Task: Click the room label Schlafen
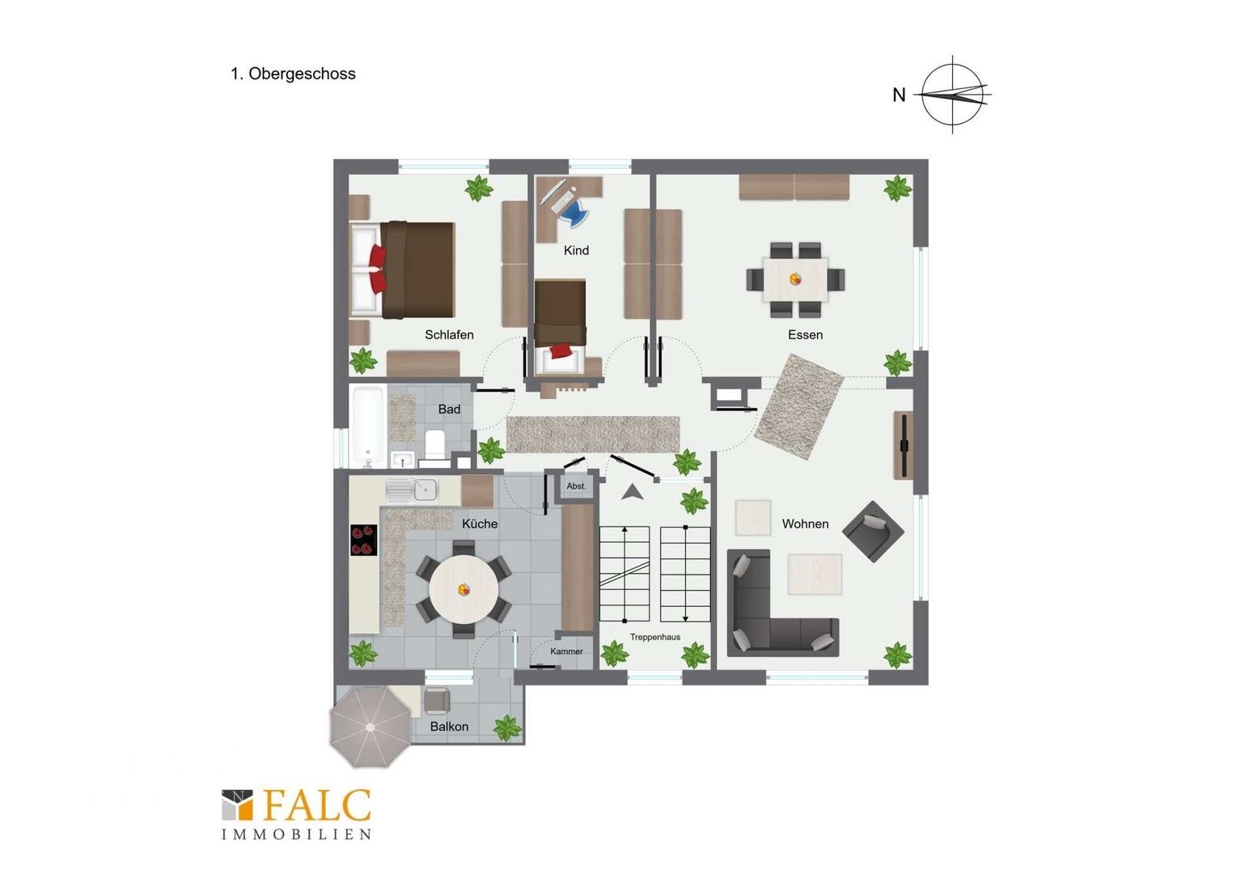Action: (449, 334)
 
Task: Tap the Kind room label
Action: (576, 251)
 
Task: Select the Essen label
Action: (805, 334)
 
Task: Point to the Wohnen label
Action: (805, 524)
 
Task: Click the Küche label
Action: (480, 524)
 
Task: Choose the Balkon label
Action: (449, 727)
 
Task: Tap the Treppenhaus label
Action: (655, 637)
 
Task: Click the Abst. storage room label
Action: (576, 486)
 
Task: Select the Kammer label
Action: (567, 651)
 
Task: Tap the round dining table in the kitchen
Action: (463, 589)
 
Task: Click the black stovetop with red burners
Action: (364, 540)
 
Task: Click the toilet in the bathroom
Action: (435, 444)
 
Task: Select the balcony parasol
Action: (370, 727)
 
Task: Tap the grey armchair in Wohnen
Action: (873, 532)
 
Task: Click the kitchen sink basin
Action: (425, 490)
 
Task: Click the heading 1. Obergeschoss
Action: (293, 74)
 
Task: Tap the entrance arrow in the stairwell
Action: (633, 492)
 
